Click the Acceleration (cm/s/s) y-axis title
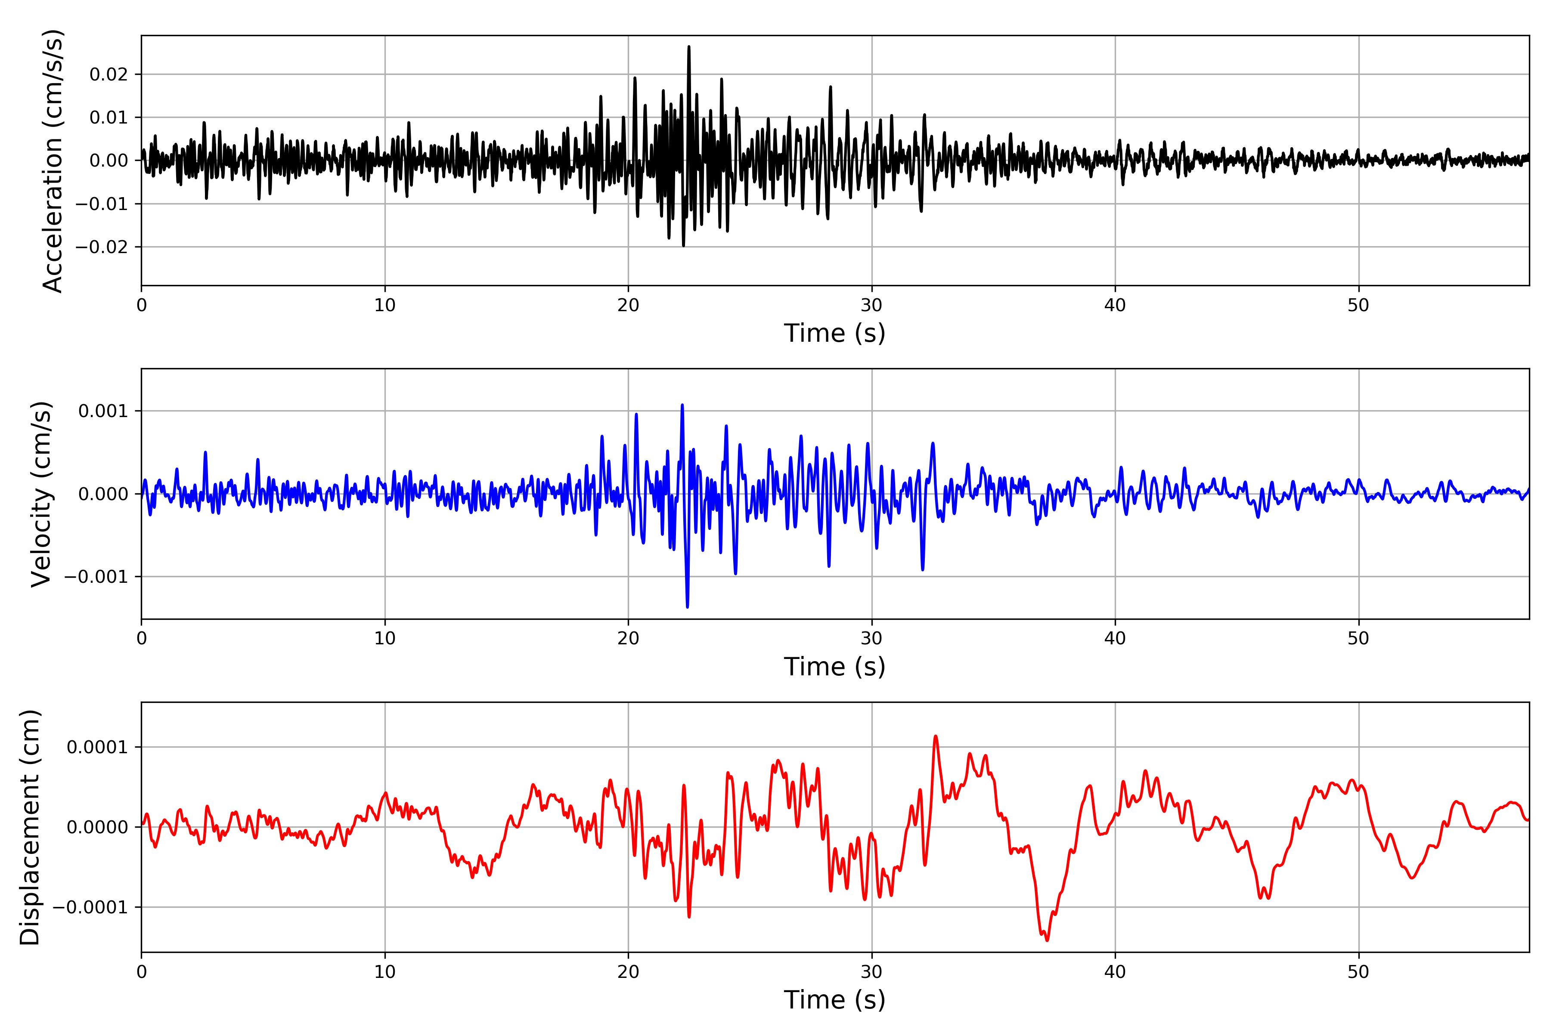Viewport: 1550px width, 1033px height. tap(52, 161)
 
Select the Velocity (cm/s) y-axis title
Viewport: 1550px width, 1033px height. tap(41, 494)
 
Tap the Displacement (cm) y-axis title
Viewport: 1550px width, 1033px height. tap(30, 827)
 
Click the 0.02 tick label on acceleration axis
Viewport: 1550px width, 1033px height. tap(109, 74)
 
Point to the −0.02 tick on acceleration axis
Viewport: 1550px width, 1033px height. tap(102, 247)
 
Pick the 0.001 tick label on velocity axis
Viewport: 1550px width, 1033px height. tap(103, 411)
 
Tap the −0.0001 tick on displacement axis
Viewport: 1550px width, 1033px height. tap(91, 908)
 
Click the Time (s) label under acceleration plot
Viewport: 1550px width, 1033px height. tap(834, 333)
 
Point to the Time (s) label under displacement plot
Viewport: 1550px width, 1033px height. tap(834, 1000)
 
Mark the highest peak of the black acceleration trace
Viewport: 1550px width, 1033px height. tap(688, 47)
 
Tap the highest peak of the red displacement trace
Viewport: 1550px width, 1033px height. tap(936, 736)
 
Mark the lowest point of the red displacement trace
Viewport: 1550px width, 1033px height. tap(1047, 940)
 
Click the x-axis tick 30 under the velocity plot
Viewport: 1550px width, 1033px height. tap(871, 638)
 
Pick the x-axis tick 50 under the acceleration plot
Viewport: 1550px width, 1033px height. tap(1358, 305)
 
